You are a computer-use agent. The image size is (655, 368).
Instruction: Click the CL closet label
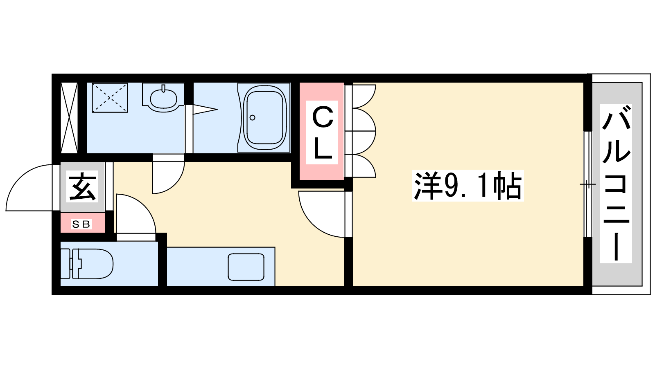point(322,132)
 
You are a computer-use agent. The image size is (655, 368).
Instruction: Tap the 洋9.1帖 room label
point(468,186)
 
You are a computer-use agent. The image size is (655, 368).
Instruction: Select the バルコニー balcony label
point(616,184)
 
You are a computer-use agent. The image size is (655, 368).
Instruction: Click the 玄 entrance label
point(82,186)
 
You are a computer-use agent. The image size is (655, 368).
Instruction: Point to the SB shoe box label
point(81,224)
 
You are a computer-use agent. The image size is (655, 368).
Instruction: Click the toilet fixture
point(87,264)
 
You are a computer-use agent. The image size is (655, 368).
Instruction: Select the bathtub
point(264,117)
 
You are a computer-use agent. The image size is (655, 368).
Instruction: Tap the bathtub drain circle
point(252,118)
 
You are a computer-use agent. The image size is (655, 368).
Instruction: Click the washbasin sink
point(163,99)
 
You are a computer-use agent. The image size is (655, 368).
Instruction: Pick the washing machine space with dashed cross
point(110,98)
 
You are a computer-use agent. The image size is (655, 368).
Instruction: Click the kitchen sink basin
point(246,267)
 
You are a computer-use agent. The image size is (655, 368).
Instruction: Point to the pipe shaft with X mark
point(69,118)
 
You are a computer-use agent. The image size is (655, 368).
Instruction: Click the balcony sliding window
point(588,184)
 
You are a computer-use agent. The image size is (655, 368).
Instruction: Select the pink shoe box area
point(82,223)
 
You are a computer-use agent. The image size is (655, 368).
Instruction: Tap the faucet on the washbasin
point(163,88)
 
